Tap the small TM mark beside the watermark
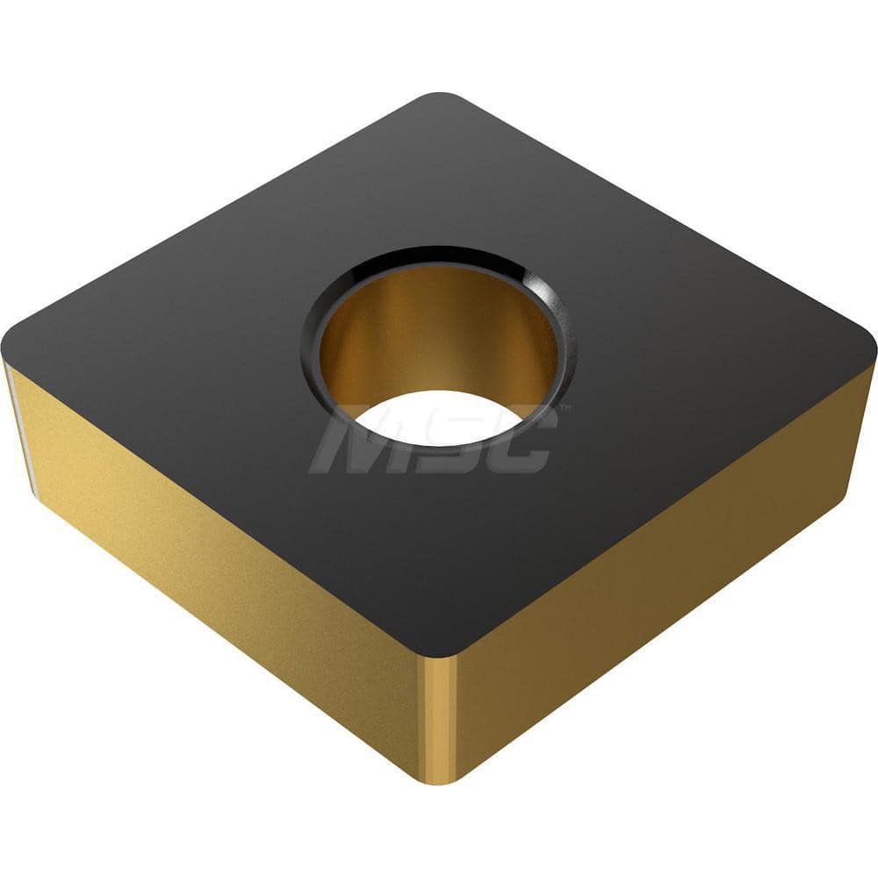(x=565, y=409)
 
